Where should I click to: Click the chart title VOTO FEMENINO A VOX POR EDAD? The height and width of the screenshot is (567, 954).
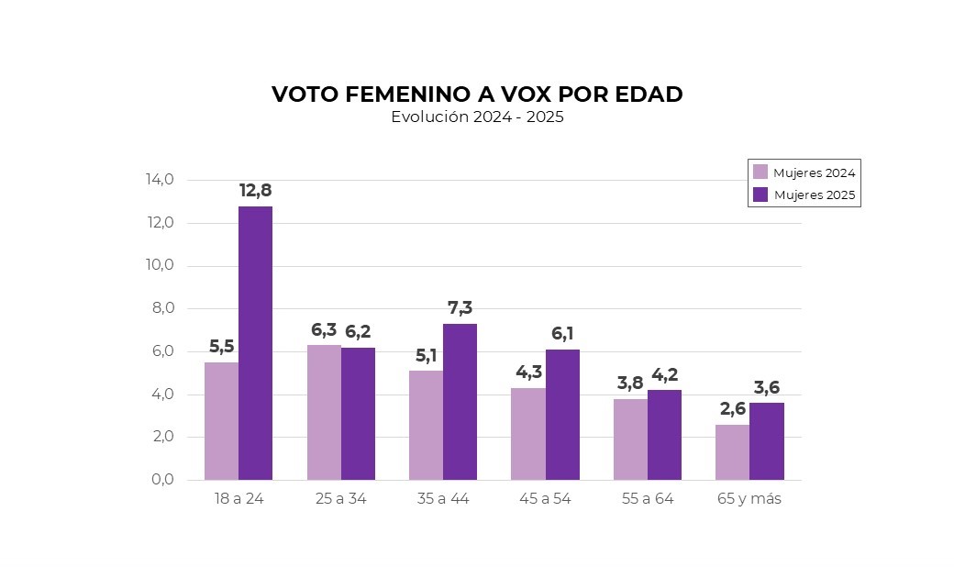click(477, 94)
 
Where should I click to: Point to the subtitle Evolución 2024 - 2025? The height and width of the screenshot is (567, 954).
click(477, 117)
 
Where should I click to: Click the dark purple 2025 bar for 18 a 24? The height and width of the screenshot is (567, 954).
click(255, 343)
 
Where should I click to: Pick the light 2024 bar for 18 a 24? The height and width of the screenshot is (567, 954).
click(221, 421)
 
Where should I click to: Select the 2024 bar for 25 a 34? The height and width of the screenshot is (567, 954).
click(324, 413)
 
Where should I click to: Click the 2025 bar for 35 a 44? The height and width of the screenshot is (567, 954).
click(460, 402)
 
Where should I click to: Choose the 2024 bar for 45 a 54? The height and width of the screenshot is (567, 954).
click(527, 434)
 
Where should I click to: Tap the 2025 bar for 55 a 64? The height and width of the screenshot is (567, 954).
click(664, 435)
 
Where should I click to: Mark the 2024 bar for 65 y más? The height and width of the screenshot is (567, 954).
click(732, 452)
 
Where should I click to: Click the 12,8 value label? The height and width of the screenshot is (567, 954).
click(255, 191)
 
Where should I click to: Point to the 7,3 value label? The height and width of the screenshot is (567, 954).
click(460, 308)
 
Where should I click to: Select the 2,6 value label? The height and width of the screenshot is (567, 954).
click(732, 409)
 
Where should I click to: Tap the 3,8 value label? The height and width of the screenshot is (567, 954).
click(630, 384)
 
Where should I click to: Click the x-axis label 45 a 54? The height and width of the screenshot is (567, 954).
click(545, 499)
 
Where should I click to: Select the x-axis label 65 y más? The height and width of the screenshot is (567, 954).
click(749, 499)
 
